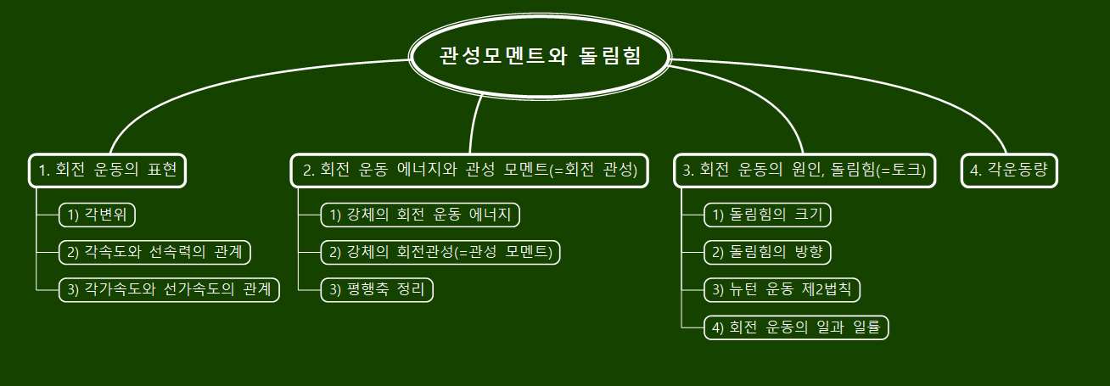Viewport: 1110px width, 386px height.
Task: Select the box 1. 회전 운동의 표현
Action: point(108,171)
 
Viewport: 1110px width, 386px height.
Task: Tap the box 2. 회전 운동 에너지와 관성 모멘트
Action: point(469,171)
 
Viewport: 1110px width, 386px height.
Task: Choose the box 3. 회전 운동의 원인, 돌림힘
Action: point(804,171)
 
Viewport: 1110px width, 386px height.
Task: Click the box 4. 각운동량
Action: point(1010,170)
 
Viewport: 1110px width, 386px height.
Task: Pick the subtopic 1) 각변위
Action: point(97,215)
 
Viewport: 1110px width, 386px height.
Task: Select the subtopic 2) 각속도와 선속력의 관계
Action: point(155,252)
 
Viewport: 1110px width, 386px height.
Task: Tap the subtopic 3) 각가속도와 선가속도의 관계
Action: point(168,289)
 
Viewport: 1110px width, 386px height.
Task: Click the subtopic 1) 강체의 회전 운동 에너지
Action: point(419,215)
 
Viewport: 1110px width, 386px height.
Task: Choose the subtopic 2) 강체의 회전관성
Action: point(440,252)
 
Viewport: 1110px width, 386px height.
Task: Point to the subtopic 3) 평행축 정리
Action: point(377,289)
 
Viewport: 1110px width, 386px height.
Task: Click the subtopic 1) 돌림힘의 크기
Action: point(768,215)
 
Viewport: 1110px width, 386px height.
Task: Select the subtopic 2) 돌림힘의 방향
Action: point(768,252)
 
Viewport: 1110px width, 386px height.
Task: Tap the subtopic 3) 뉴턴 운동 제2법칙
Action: point(782,289)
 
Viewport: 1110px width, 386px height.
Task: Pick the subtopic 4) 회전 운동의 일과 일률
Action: point(796,327)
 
